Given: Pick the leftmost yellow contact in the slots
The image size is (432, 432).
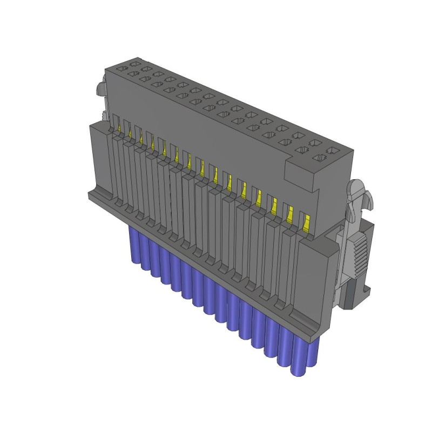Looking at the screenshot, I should coord(119,127).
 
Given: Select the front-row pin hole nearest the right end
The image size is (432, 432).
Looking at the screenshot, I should coord(321,158).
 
